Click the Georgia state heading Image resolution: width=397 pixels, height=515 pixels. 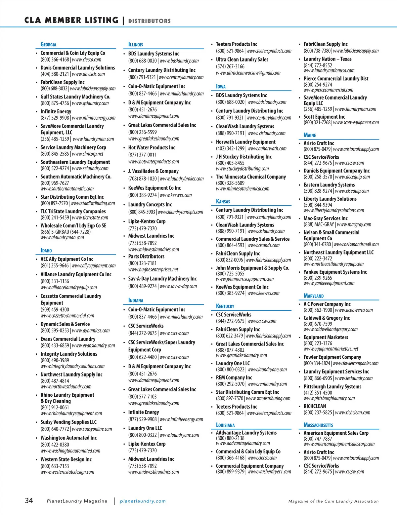[x=48, y=44]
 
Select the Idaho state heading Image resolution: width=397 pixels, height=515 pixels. [x=46, y=250]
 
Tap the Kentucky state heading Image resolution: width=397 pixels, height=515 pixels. [x=225, y=306]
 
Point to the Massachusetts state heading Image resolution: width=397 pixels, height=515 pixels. [x=318, y=425]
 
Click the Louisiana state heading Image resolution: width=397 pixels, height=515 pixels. [x=225, y=425]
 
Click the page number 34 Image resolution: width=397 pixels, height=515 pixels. [x=29, y=500]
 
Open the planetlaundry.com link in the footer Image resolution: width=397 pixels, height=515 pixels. [x=143, y=501]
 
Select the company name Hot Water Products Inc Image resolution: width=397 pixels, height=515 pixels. [x=152, y=147]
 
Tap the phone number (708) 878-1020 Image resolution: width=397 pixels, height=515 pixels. [x=143, y=178]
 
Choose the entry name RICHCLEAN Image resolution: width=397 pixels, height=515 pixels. [x=315, y=406]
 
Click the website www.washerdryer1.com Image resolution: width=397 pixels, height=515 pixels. [x=269, y=472]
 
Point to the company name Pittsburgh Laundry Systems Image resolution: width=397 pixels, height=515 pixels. [x=332, y=386]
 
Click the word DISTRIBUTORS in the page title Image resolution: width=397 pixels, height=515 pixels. [x=150, y=21]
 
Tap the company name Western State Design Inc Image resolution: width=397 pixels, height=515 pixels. [x=66, y=459]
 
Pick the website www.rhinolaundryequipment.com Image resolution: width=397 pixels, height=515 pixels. [x=71, y=413]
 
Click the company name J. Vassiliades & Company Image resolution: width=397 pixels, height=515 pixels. [x=154, y=171]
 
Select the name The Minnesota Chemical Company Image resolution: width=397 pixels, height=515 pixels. [x=251, y=177]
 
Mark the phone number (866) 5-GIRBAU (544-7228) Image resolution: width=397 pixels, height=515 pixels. [x=66, y=232]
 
